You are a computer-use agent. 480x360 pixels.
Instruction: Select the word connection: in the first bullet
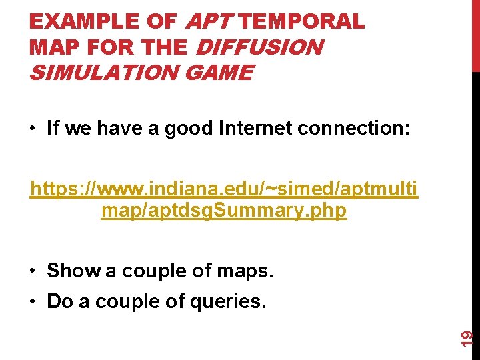[361, 128]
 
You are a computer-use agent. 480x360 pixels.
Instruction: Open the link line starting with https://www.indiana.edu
[224, 190]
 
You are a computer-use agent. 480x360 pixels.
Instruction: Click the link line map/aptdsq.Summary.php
[224, 211]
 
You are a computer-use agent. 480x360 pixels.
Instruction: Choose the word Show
[73, 271]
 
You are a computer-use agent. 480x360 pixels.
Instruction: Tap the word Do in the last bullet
[60, 301]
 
